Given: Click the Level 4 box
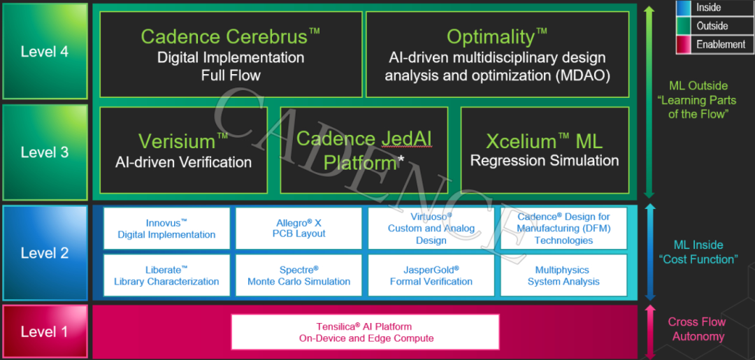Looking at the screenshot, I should pyautogui.click(x=45, y=51).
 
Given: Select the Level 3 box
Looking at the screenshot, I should pyautogui.click(x=45, y=152).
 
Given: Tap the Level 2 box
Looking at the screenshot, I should pyautogui.click(x=45, y=253).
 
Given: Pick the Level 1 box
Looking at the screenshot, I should pyautogui.click(x=45, y=331).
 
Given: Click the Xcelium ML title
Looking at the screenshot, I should pyautogui.click(x=544, y=141).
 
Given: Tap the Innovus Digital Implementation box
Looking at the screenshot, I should pyautogui.click(x=166, y=229).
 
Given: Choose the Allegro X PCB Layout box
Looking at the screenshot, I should pyautogui.click(x=299, y=229).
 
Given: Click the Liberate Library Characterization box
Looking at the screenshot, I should pyautogui.click(x=166, y=275).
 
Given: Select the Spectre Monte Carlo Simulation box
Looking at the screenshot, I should pyautogui.click(x=299, y=275).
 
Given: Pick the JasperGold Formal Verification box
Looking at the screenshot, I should pyautogui.click(x=431, y=275).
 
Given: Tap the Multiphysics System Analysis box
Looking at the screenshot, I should pyautogui.click(x=563, y=275).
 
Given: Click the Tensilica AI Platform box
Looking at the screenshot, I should pyautogui.click(x=364, y=332).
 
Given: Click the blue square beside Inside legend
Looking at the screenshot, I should pyautogui.click(x=684, y=8).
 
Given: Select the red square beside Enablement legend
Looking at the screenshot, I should pyautogui.click(x=684, y=44).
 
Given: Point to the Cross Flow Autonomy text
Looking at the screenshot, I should pyautogui.click(x=696, y=329).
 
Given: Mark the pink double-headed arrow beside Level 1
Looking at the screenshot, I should pyautogui.click(x=649, y=331).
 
